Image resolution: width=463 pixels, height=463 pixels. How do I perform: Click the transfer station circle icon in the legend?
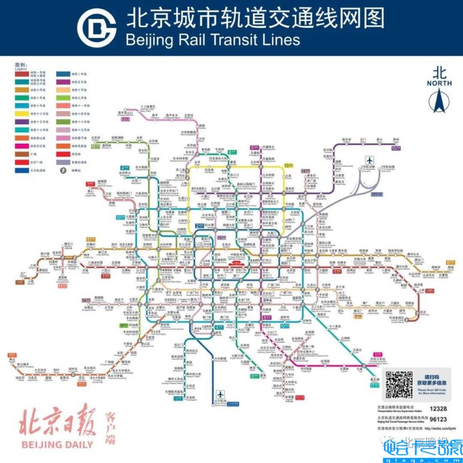pos(63,170)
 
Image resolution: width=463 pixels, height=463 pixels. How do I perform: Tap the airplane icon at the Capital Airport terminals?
pos(369,160)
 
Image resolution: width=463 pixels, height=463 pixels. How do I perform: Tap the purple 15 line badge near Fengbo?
pos(396,148)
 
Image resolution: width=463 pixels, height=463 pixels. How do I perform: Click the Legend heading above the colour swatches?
pos(20,67)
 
